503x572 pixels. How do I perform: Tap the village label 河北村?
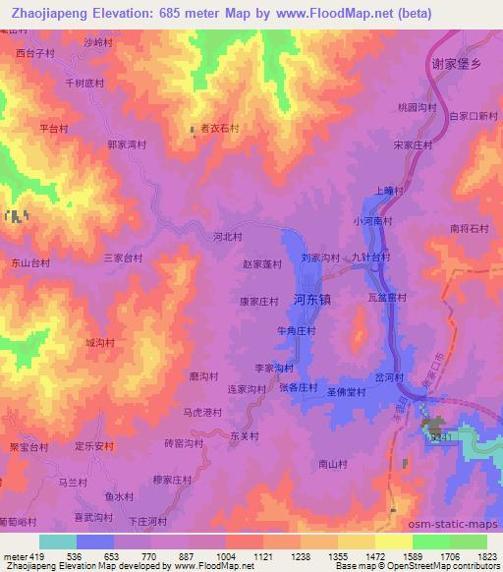coord(227,237)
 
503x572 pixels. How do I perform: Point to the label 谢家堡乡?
coord(457,63)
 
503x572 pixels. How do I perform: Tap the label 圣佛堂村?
coord(346,391)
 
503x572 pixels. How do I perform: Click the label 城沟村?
coord(99,343)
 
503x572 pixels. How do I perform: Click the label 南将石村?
coord(469,228)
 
